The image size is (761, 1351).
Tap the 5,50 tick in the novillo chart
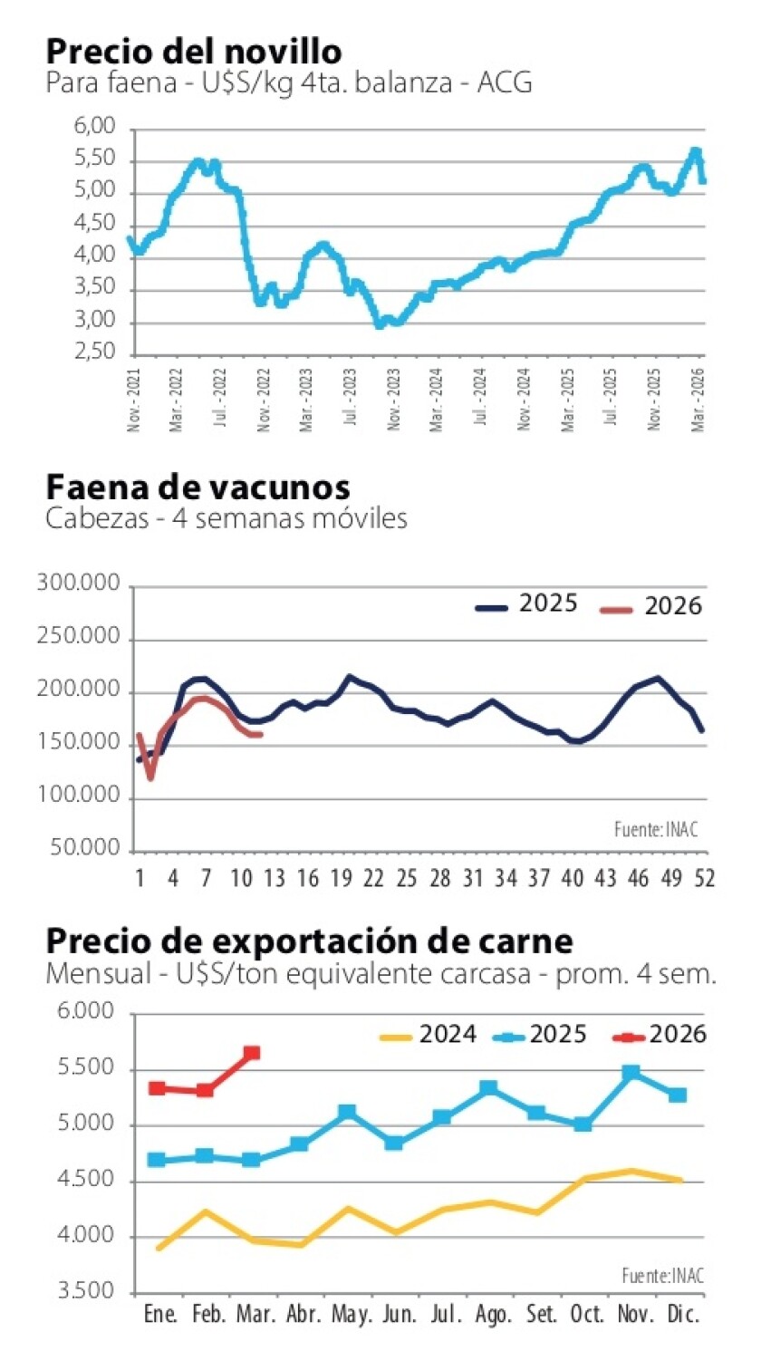coord(96,159)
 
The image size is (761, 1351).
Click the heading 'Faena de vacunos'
coord(197,487)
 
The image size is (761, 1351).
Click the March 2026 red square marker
coord(252,1053)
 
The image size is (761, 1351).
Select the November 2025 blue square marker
coord(631,1073)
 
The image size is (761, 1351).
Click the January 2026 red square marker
coord(157,1087)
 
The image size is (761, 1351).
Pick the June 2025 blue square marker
coord(394,1143)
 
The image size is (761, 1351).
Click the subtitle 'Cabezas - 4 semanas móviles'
coord(226,519)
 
